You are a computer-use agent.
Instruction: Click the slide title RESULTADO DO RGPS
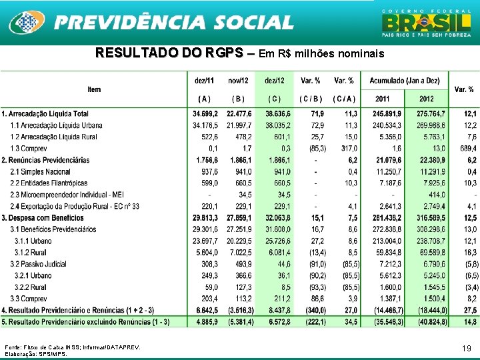click(169, 53)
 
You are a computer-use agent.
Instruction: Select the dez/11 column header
click(205, 81)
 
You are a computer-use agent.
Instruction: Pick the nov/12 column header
click(239, 81)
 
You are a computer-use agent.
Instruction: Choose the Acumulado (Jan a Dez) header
click(404, 81)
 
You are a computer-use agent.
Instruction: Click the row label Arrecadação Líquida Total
click(47, 114)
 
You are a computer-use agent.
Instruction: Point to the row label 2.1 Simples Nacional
click(41, 171)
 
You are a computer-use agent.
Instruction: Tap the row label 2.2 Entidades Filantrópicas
click(49, 183)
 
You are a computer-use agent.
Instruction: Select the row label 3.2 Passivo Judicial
click(39, 264)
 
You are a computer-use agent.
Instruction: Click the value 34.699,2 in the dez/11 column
click(205, 114)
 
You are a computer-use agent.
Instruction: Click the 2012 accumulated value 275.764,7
click(431, 114)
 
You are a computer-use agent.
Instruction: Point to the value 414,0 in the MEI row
click(435, 194)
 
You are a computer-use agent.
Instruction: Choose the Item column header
click(94, 89)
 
